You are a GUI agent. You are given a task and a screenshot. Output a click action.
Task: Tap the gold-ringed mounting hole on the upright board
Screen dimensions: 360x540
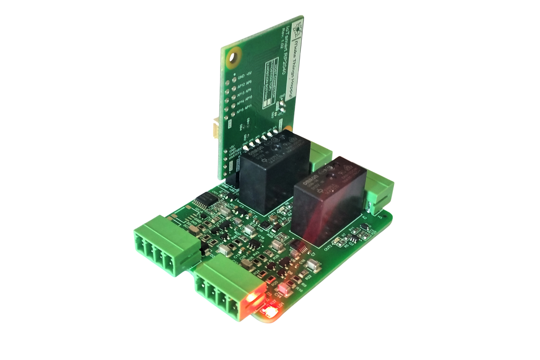[x=234, y=57]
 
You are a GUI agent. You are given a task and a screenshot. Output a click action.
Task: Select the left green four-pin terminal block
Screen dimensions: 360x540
[x=166, y=245]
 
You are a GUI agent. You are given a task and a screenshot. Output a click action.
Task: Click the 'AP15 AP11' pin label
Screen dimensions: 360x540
[x=245, y=108]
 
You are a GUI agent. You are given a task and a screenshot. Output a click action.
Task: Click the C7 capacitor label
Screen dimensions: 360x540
[x=313, y=255]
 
